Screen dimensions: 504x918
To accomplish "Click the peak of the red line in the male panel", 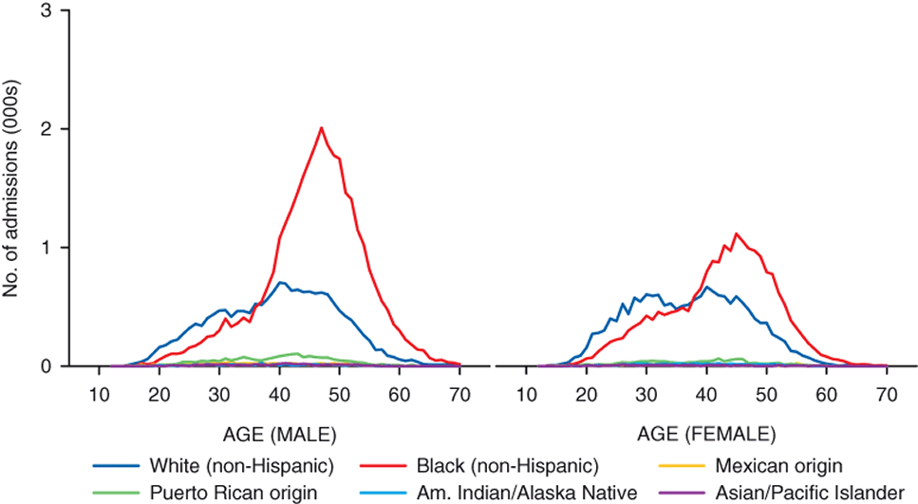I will tap(322, 128).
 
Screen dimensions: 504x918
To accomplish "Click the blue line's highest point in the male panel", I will tap(280, 282).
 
